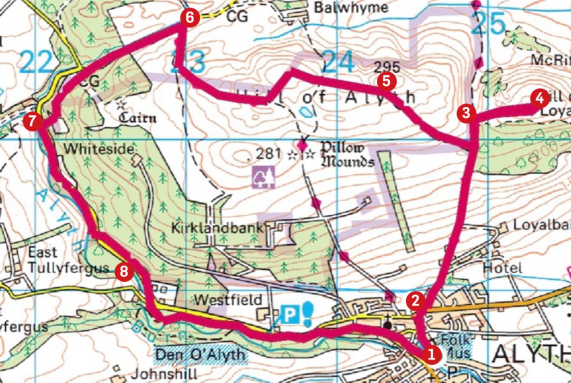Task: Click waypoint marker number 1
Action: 431,354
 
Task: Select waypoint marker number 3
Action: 466,113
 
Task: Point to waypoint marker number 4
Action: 539,98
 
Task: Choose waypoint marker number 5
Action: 386,81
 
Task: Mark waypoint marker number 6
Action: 190,17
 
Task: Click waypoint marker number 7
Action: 32,121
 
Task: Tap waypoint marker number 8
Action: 124,272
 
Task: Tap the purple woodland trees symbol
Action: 264,177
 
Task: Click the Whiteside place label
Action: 99,149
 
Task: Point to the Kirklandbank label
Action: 217,228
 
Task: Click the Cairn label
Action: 138,117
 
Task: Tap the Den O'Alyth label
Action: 200,354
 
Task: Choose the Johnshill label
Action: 164,374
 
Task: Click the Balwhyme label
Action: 351,8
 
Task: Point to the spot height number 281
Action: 268,153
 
